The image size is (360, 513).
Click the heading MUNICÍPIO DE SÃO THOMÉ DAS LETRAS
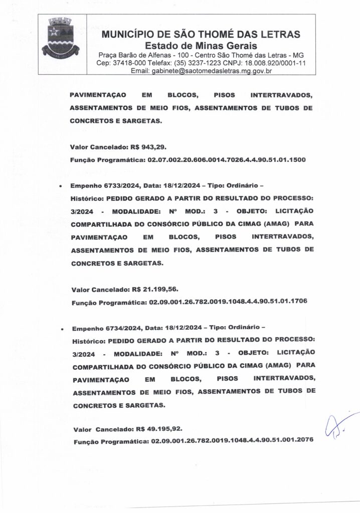201,34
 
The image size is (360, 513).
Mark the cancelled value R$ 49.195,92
159,429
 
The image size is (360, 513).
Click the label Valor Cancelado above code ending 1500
99,149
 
